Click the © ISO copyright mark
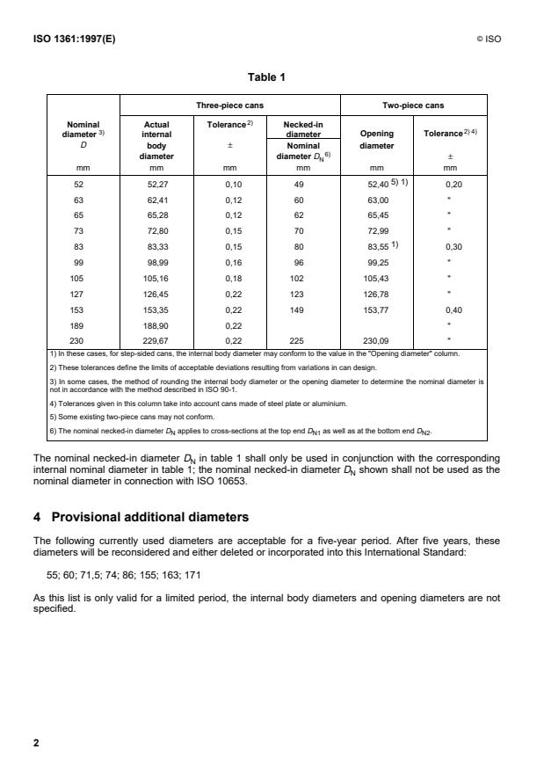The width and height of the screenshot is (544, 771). point(488,40)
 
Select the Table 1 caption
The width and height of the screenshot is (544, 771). point(272,77)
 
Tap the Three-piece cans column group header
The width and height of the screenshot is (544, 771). point(229,105)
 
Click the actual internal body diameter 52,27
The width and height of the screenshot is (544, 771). point(156,185)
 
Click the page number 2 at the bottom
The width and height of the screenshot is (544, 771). point(36,743)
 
